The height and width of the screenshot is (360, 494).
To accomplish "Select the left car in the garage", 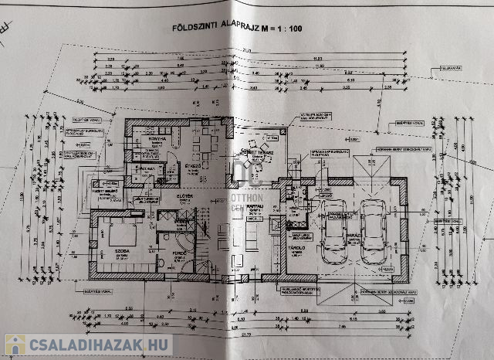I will click(x=337, y=228).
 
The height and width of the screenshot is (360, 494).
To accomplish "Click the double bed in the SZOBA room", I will click(x=120, y=233).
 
